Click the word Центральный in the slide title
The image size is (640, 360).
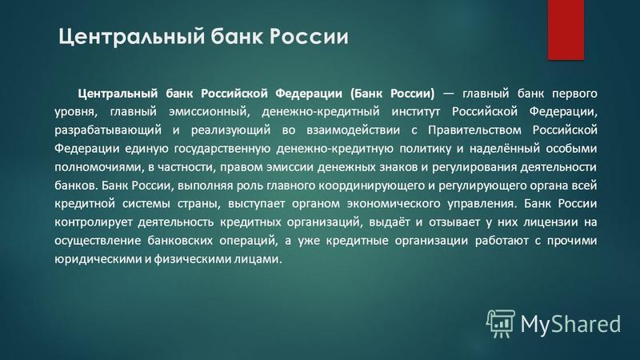pyautogui.click(x=131, y=37)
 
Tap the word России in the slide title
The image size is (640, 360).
pyautogui.click(x=309, y=36)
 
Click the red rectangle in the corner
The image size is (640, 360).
pyautogui.click(x=566, y=30)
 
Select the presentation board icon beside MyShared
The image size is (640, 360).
pyautogui.click(x=501, y=324)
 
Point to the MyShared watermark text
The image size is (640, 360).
pyautogui.click(x=570, y=324)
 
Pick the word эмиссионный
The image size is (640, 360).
pyautogui.click(x=209, y=112)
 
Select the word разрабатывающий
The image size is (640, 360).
pyautogui.click(x=108, y=130)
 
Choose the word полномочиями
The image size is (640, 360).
pyautogui.click(x=98, y=167)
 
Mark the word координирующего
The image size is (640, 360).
pyautogui.click(x=371, y=186)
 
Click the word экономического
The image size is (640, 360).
pyautogui.click(x=394, y=204)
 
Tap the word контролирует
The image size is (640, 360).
pyautogui.click(x=94, y=222)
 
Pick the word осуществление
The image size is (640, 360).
pyautogui.click(x=98, y=241)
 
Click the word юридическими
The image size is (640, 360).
pyautogui.click(x=98, y=259)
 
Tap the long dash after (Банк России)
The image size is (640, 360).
pyautogui.click(x=448, y=94)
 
